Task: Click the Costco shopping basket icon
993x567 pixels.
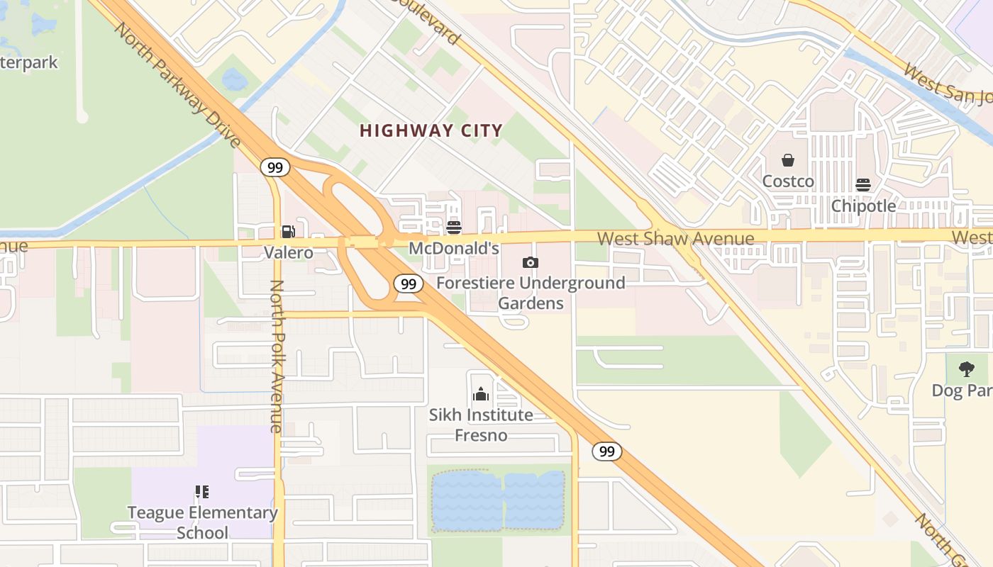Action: coord(787,160)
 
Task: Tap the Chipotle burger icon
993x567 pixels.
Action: coord(863,185)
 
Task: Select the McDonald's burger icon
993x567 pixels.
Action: coord(454,228)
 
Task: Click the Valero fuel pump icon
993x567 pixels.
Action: coord(288,231)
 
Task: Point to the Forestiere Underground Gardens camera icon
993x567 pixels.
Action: coord(530,262)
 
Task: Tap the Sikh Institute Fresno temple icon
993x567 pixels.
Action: coord(481,394)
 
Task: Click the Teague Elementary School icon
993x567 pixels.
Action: coord(202,491)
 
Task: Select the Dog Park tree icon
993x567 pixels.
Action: coord(966,369)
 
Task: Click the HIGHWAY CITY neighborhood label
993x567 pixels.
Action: coord(431,130)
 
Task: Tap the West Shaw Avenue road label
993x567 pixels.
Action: coord(675,238)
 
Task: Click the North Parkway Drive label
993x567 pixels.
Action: coord(177,85)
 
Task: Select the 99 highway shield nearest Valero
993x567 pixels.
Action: coord(275,167)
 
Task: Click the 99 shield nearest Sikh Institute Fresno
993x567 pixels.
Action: coord(606,451)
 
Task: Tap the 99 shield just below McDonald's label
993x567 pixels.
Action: coord(408,283)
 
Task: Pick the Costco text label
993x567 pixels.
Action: coord(788,181)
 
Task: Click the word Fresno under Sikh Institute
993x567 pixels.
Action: coord(481,435)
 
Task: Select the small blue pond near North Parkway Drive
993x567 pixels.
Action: coord(235,79)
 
